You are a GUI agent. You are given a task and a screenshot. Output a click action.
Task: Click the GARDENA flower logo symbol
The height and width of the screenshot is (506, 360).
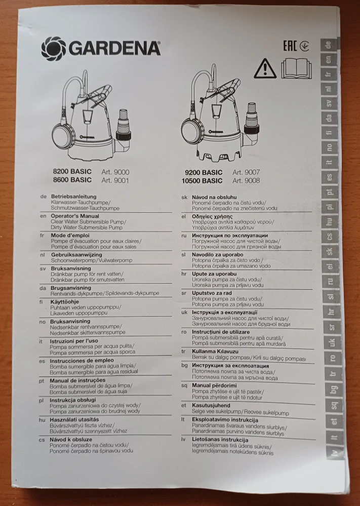(54, 49)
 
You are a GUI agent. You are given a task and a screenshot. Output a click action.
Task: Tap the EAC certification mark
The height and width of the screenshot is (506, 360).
(290, 46)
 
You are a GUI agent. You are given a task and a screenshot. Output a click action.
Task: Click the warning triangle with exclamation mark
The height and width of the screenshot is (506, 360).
(265, 68)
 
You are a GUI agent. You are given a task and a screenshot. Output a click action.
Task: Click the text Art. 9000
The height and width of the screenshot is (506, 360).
(115, 172)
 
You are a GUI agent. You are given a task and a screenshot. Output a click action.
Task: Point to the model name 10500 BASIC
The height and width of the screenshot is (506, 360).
(202, 181)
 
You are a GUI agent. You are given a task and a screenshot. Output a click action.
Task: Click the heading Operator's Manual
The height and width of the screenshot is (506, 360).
(75, 216)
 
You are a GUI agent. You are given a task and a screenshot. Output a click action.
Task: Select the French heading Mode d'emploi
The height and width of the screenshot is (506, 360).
(70, 235)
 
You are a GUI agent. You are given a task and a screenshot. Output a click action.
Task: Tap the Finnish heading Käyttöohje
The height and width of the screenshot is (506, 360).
(64, 302)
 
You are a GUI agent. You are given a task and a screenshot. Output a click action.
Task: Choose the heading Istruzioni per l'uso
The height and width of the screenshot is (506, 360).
(74, 341)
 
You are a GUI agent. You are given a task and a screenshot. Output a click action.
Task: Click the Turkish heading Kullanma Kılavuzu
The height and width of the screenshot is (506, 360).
(215, 352)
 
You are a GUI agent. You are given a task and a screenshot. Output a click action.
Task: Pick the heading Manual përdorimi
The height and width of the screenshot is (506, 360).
(214, 385)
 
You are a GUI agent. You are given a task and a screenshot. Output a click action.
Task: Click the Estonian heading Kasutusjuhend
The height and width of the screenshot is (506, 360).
(211, 405)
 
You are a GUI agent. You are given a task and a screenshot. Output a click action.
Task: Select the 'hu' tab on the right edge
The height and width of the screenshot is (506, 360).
(329, 222)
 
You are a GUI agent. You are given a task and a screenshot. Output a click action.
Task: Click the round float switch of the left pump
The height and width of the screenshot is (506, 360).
(64, 133)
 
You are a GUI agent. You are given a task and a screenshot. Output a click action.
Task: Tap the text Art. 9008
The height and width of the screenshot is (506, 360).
(246, 180)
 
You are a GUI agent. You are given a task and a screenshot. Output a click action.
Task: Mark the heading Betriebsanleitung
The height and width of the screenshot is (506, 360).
(73, 196)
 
